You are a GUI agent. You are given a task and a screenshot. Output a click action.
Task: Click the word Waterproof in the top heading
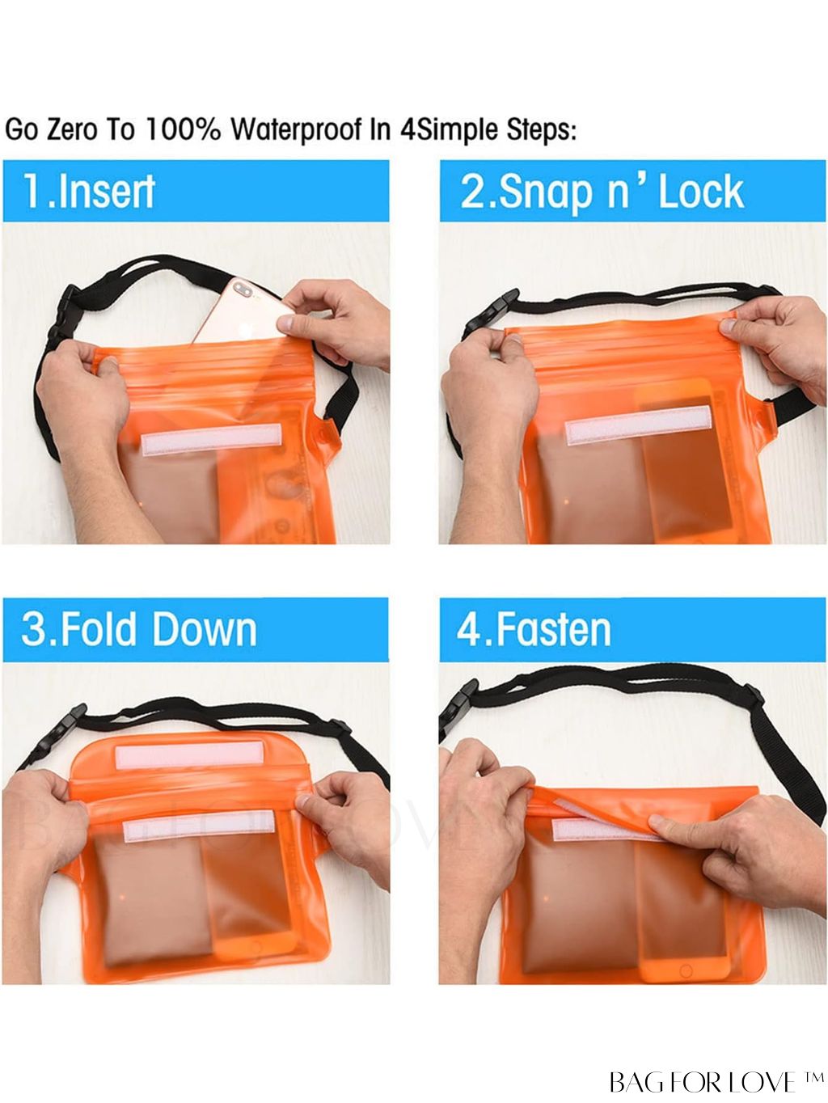pyautogui.click(x=297, y=129)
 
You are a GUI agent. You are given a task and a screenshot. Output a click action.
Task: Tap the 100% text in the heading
pyautogui.click(x=183, y=129)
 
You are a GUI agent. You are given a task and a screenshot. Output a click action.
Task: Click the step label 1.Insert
pyautogui.click(x=90, y=192)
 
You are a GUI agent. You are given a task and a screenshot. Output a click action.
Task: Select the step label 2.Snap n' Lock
pyautogui.click(x=602, y=192)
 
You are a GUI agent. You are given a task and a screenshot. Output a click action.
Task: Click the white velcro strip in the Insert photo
pyautogui.click(x=211, y=439)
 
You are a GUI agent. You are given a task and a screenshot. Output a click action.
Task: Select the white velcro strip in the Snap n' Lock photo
pyautogui.click(x=639, y=425)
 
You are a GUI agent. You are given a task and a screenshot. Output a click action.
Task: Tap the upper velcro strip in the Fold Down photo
pyautogui.click(x=189, y=754)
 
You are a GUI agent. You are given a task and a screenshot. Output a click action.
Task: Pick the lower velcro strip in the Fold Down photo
pyautogui.click(x=199, y=826)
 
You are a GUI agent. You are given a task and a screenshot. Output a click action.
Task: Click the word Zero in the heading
pyautogui.click(x=71, y=129)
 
